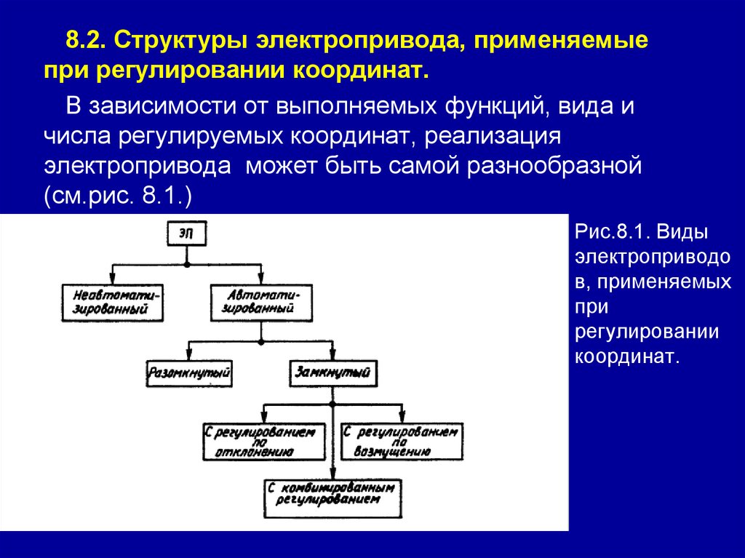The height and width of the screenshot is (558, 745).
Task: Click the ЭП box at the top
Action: [x=187, y=234]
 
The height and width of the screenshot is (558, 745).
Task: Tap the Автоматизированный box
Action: [x=262, y=302]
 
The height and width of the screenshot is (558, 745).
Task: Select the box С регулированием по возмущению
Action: [x=401, y=441]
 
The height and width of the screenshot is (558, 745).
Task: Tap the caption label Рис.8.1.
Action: [x=611, y=232]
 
